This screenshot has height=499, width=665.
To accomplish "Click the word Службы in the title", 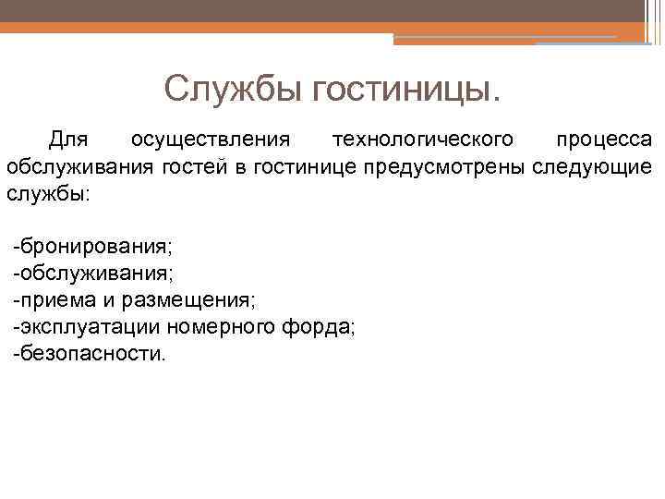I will (234, 90).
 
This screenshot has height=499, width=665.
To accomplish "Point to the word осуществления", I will (211, 140).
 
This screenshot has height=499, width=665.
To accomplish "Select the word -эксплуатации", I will (87, 327).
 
